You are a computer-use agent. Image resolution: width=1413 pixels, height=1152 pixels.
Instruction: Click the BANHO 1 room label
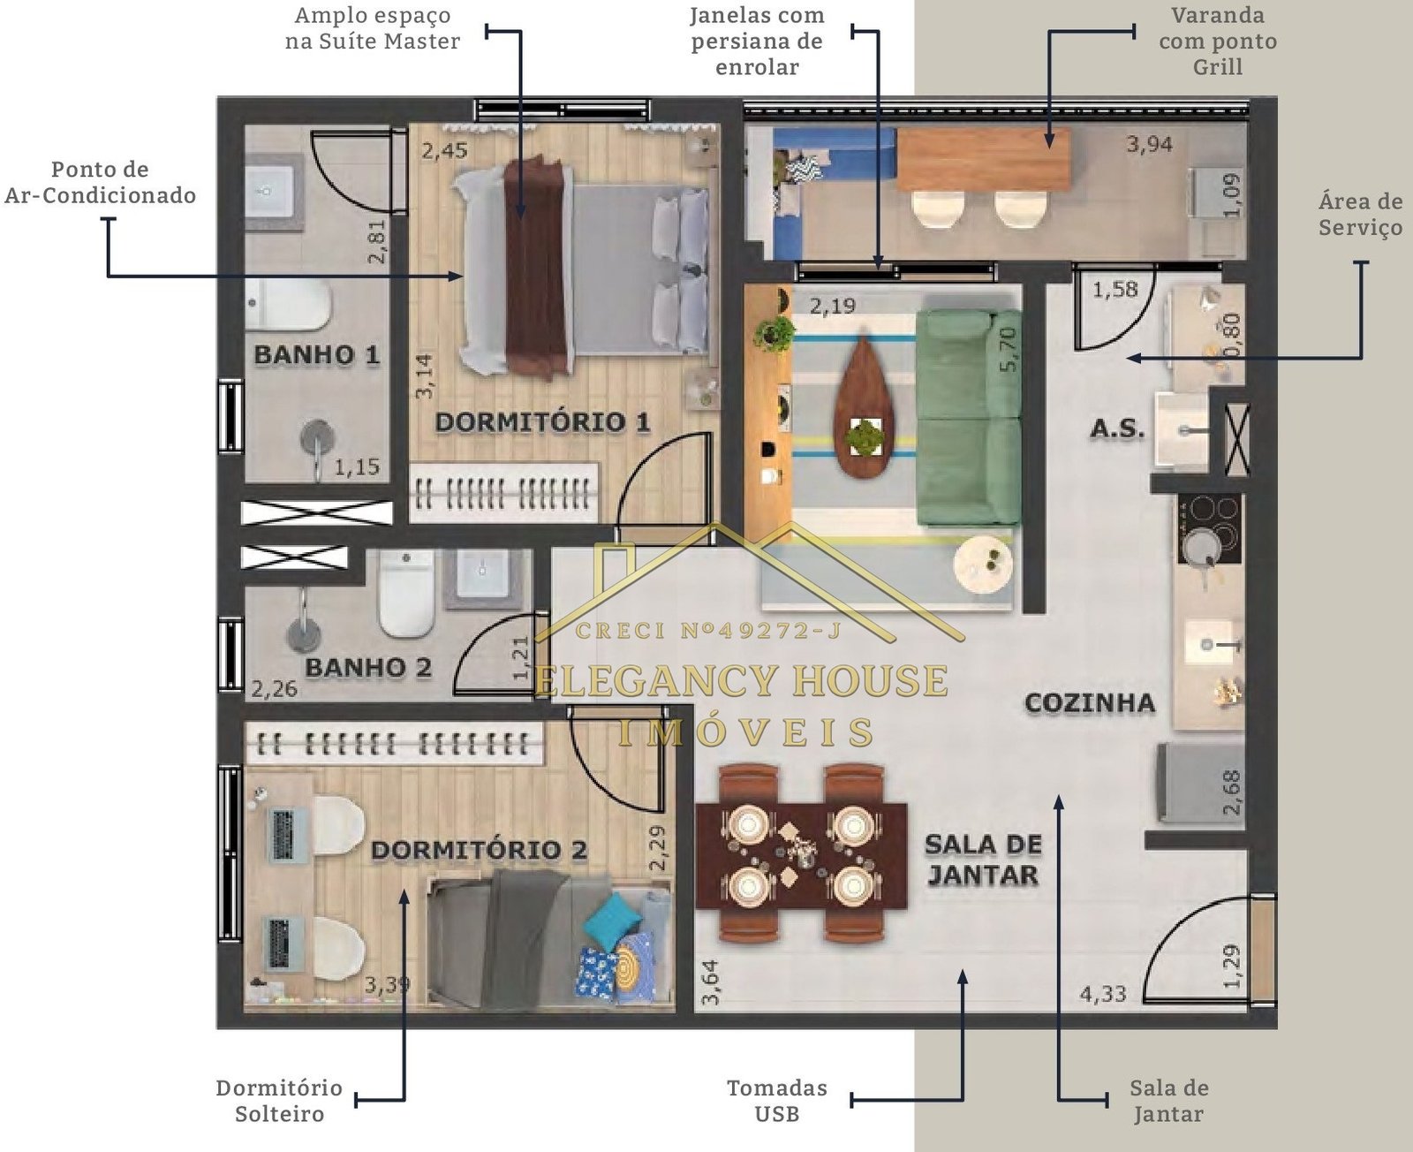[x=316, y=355]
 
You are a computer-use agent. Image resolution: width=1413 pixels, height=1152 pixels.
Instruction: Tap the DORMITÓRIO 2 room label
[x=479, y=850]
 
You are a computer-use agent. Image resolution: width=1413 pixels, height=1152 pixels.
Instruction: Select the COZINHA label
[x=1090, y=703]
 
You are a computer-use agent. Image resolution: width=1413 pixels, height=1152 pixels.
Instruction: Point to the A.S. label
[x=1118, y=429]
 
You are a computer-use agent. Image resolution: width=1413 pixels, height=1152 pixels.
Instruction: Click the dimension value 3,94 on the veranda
[x=1149, y=143]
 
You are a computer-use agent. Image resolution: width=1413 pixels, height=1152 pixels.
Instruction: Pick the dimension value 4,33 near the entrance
[x=1102, y=994]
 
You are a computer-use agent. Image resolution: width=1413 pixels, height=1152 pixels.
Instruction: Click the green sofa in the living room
[x=969, y=418]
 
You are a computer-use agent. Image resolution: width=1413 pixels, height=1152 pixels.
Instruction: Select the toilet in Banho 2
[x=406, y=594]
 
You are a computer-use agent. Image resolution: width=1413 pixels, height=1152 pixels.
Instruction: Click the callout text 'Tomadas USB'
[x=777, y=1100]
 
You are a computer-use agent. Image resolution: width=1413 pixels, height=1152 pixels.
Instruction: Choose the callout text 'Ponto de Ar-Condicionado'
[x=100, y=182]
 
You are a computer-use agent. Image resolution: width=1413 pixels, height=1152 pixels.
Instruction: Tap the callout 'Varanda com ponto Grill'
[x=1217, y=41]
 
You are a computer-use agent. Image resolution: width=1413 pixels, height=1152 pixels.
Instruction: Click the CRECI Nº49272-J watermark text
[x=708, y=630]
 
